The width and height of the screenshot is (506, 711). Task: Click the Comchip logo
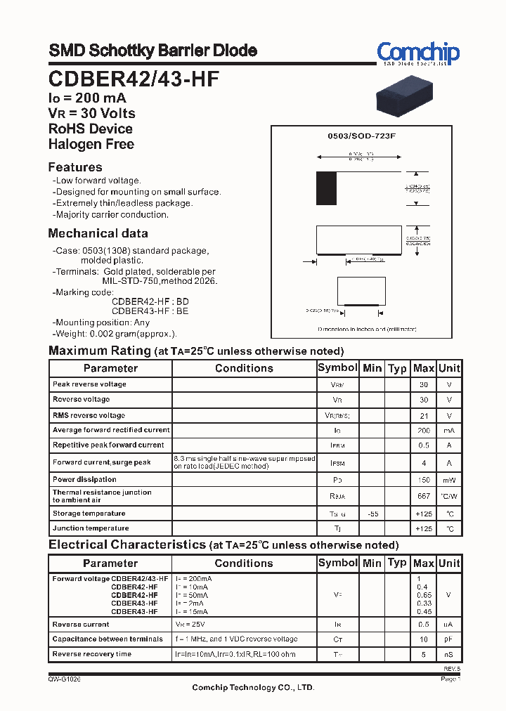(x=417, y=53)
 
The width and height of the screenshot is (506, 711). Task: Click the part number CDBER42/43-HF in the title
(x=134, y=79)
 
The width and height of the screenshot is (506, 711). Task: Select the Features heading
(x=75, y=167)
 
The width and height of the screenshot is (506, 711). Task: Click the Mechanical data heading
(x=98, y=233)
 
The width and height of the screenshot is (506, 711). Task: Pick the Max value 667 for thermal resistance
(x=423, y=496)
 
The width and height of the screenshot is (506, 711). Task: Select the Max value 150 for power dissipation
(x=423, y=480)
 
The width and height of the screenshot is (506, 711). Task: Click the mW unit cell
(x=449, y=480)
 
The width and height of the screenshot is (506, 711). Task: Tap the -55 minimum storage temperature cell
(x=372, y=514)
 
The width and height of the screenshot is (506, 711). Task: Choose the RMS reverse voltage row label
(x=89, y=415)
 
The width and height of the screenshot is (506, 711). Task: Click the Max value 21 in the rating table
(x=423, y=415)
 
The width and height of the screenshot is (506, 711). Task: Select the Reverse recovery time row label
(x=91, y=654)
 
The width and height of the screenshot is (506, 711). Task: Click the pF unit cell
(x=449, y=639)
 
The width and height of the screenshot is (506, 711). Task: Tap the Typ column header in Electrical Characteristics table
(x=397, y=563)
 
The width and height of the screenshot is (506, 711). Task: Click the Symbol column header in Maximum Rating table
(x=337, y=368)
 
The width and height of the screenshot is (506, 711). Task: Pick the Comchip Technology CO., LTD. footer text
(x=253, y=688)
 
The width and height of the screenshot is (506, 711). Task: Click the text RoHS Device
(x=90, y=129)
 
